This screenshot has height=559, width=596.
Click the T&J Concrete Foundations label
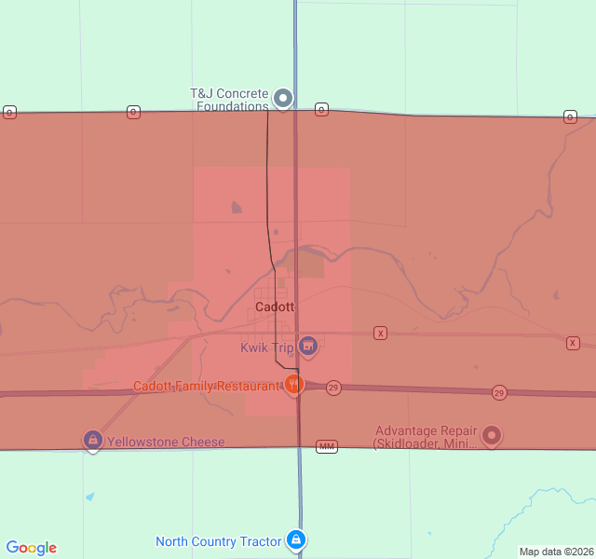pos(229,100)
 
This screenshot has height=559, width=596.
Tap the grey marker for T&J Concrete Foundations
pos(283,98)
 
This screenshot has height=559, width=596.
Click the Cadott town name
pos(275,307)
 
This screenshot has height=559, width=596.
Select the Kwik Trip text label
pos(267,348)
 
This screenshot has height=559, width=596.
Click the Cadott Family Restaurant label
pos(206,386)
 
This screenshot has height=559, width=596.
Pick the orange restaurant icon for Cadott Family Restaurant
pos(294,384)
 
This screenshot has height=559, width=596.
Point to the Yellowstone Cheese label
pos(166,442)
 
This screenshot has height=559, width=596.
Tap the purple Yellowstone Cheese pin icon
pos(92,440)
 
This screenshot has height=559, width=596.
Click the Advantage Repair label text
pos(426,437)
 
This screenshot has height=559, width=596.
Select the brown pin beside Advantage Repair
pos(492,434)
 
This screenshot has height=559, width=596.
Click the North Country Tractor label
pos(218,541)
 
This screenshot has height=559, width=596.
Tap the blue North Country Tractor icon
pos(296,539)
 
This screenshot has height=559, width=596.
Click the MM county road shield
pos(326,447)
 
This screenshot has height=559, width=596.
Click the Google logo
pos(32,548)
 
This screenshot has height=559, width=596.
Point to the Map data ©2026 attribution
pos(555,552)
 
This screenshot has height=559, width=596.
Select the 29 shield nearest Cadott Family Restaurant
pos(333,387)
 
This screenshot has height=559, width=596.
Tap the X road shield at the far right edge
pos(572,343)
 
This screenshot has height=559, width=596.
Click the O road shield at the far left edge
pos(9,112)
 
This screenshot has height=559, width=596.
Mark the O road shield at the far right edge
pos(569,116)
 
